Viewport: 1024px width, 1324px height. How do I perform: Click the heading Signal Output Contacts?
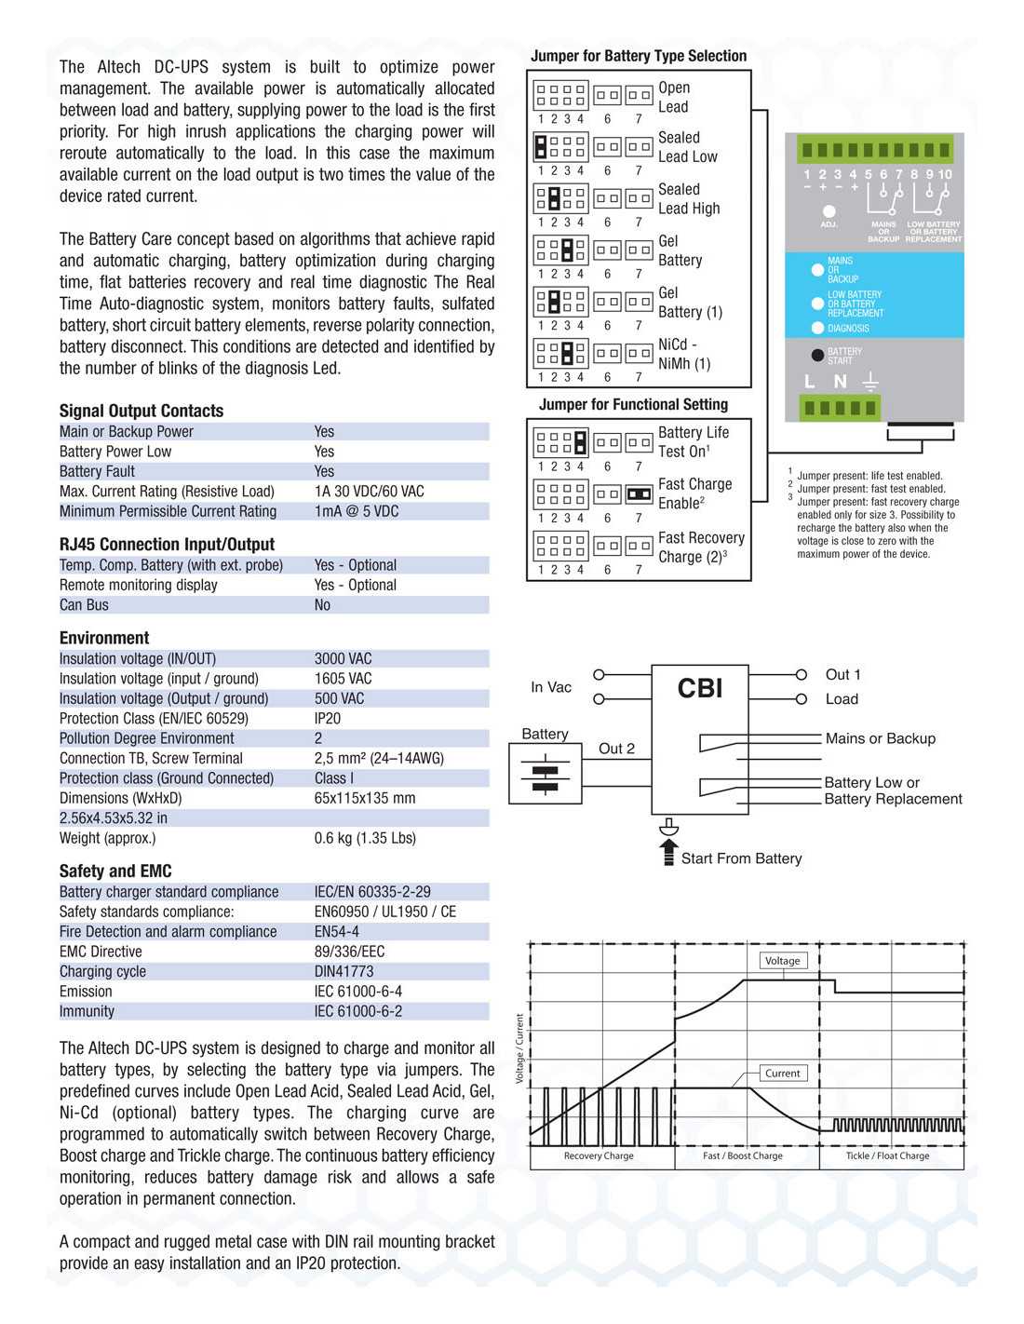click(x=141, y=411)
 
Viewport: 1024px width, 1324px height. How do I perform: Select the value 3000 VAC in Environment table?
click(x=343, y=658)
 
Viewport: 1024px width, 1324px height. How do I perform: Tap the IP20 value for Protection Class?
click(x=328, y=719)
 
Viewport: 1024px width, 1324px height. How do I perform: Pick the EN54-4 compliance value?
click(x=336, y=931)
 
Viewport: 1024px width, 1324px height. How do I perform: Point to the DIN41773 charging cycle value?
click(x=344, y=971)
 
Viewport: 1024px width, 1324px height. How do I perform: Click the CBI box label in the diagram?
click(x=699, y=689)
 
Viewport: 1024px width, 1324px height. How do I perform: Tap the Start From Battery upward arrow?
click(x=668, y=852)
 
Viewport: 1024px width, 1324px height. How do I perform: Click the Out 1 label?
click(x=842, y=674)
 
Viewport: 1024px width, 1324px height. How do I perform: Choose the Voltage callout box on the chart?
click(x=782, y=961)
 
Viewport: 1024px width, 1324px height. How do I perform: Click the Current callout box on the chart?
click(x=782, y=1074)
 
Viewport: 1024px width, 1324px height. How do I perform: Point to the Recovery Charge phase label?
click(x=599, y=1155)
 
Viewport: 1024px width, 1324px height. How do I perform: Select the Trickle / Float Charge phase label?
click(x=887, y=1155)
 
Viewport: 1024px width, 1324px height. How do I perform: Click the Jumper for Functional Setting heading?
click(x=633, y=404)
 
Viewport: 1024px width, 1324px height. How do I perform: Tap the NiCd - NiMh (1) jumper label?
click(x=684, y=354)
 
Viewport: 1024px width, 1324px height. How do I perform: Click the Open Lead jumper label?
click(x=674, y=97)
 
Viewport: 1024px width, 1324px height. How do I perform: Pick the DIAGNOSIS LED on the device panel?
click(x=818, y=328)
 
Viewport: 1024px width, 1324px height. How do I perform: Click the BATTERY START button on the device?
click(x=818, y=355)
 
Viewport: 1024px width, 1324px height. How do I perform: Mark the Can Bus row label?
click(x=84, y=605)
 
